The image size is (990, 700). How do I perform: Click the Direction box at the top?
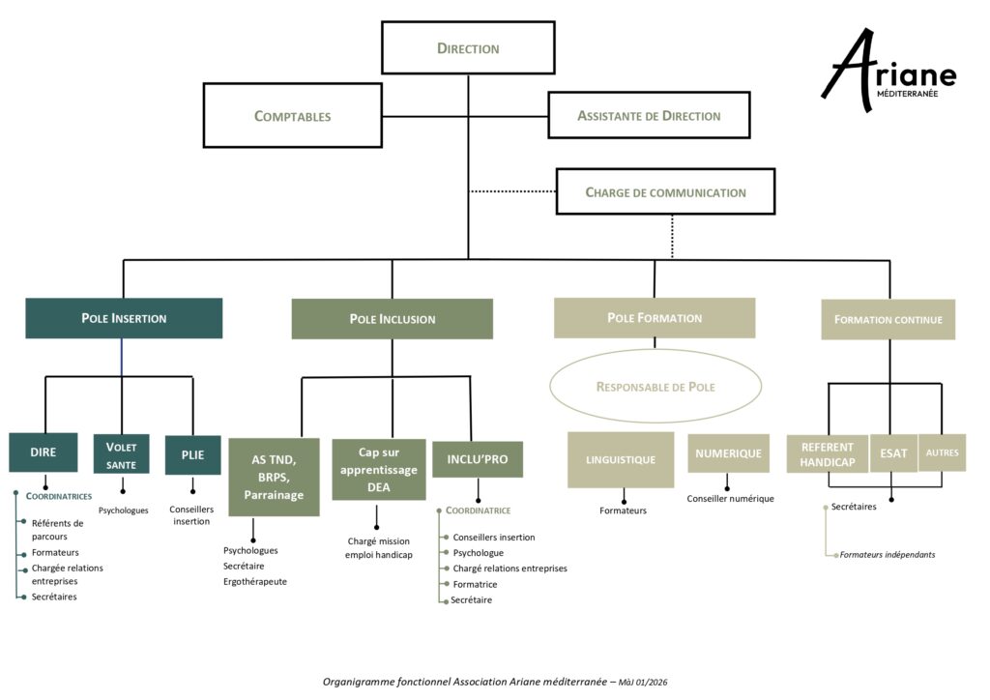(x=468, y=47)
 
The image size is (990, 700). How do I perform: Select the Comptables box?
(x=292, y=116)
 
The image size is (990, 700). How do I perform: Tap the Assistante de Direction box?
(x=649, y=115)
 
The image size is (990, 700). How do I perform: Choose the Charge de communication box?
(x=665, y=191)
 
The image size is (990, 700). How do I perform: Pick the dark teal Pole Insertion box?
(x=124, y=318)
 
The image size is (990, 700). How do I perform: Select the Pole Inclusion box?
(x=392, y=318)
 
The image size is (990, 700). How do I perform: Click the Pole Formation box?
(x=654, y=317)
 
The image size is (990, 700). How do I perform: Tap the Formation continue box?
(x=888, y=319)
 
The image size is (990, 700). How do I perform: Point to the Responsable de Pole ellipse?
(x=655, y=387)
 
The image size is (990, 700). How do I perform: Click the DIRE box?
(x=43, y=452)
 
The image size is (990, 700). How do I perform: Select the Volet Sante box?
(x=121, y=454)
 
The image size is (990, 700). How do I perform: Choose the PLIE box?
(x=192, y=454)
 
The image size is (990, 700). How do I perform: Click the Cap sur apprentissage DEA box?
(x=378, y=470)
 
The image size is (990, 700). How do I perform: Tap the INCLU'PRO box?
(x=477, y=459)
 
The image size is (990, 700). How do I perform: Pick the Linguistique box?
(x=620, y=459)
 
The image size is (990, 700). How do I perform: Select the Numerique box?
(x=728, y=452)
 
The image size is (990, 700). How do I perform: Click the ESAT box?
(x=892, y=452)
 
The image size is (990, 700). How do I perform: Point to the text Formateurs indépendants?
(x=888, y=555)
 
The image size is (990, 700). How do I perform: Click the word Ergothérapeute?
(x=254, y=582)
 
